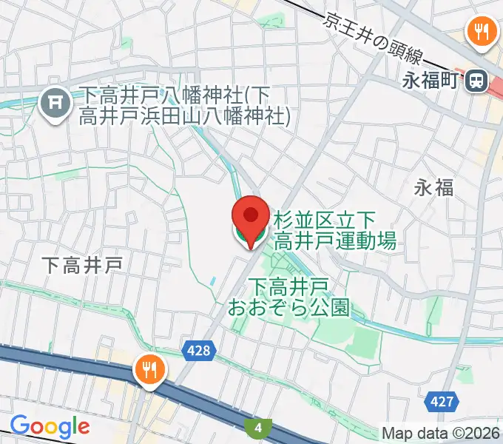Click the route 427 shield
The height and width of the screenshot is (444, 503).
click(441, 401)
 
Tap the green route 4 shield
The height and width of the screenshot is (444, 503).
click(258, 427)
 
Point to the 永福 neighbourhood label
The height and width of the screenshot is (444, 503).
click(433, 188)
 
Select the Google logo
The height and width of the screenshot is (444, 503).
click(50, 426)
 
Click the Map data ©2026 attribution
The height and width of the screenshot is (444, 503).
click(440, 432)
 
